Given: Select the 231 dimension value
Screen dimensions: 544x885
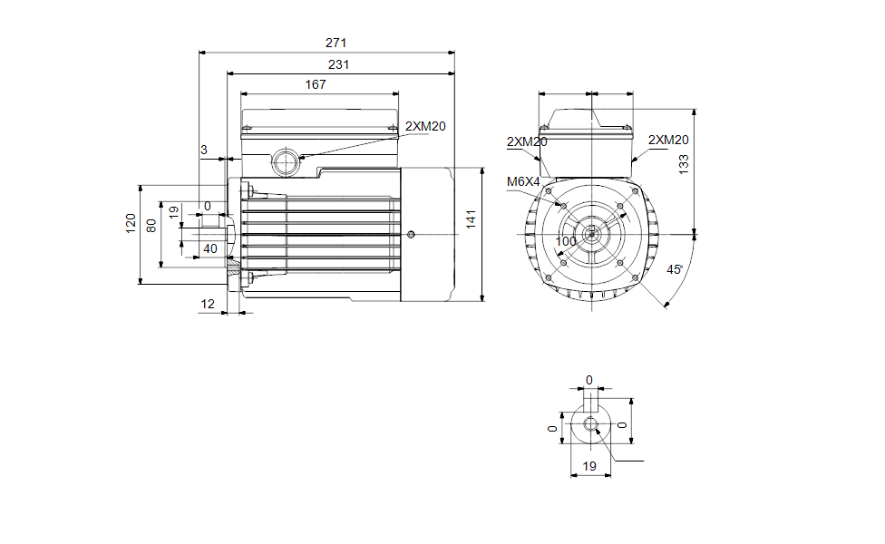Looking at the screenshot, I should [337, 64].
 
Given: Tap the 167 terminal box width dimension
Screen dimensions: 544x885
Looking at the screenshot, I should [316, 84].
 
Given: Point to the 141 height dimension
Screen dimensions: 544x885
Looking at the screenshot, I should [470, 219].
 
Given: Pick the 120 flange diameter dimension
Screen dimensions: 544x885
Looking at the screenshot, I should [131, 223].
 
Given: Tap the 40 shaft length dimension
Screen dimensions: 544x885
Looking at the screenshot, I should [209, 248].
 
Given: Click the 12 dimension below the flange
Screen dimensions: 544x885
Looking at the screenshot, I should [208, 305].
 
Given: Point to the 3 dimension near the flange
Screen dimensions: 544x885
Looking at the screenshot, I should [204, 150].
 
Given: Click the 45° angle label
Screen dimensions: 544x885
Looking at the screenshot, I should [674, 270].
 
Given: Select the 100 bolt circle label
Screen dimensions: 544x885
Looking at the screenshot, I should [566, 241].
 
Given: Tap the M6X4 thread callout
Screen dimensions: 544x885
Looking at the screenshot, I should [522, 182].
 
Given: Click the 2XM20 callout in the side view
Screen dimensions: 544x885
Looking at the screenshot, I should [425, 126].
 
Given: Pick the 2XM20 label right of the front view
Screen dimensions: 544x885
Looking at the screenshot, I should [669, 140].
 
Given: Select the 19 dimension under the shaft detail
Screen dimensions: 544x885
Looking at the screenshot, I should [589, 466].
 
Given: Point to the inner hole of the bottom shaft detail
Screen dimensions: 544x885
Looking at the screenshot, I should [591, 423].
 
